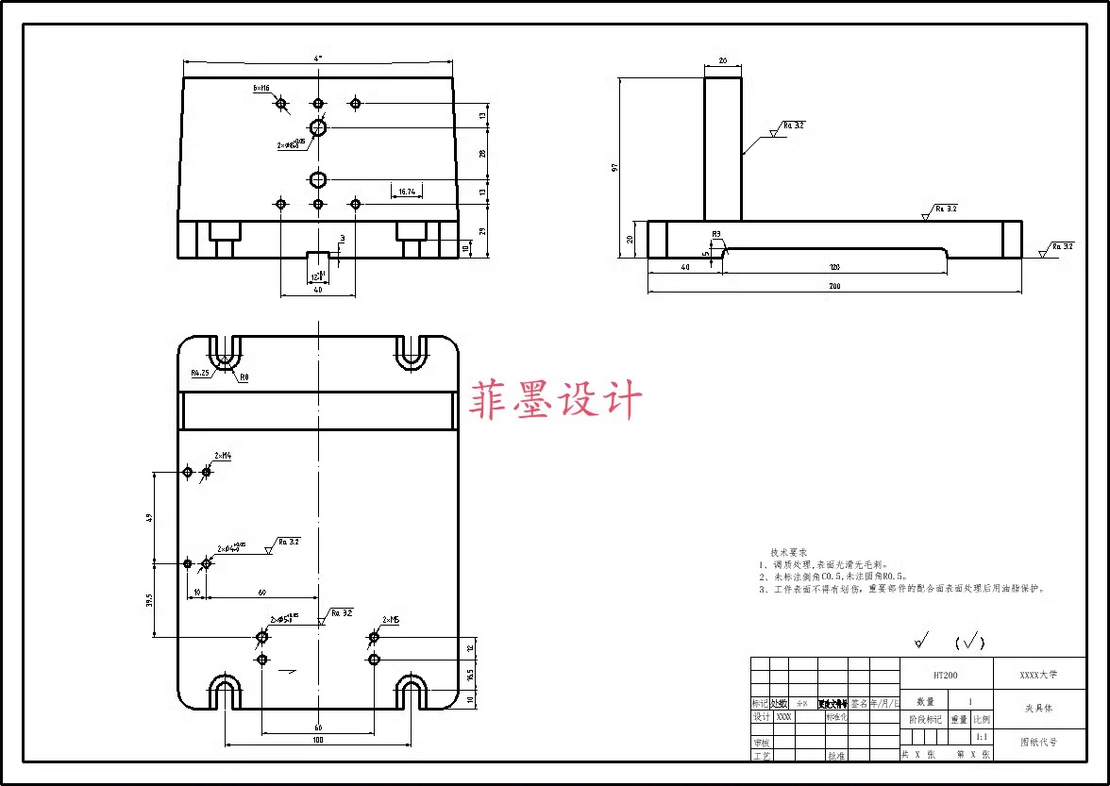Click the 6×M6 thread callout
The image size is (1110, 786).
[261, 88]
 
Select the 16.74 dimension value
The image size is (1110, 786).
[407, 192]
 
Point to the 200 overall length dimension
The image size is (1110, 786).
[834, 286]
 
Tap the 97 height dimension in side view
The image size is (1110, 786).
[614, 168]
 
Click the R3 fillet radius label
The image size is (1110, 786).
[716, 233]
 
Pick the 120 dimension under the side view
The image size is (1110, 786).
[834, 268]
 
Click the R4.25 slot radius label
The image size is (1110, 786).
[199, 373]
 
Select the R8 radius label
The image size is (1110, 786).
[244, 377]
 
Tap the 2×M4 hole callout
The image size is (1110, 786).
[223, 456]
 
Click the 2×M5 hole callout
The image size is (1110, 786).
[390, 620]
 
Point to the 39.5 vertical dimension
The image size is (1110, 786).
[150, 600]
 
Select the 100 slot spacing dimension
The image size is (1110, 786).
[317, 740]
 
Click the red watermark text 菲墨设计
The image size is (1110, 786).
[557, 400]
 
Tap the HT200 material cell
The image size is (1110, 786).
[946, 676]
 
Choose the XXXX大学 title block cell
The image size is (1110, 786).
[1038, 676]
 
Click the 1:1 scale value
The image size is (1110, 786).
[982, 737]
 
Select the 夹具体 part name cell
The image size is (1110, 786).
[1038, 707]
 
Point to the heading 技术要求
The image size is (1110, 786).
[788, 552]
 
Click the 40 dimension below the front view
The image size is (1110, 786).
[317, 290]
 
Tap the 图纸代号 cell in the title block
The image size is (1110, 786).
[1038, 743]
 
